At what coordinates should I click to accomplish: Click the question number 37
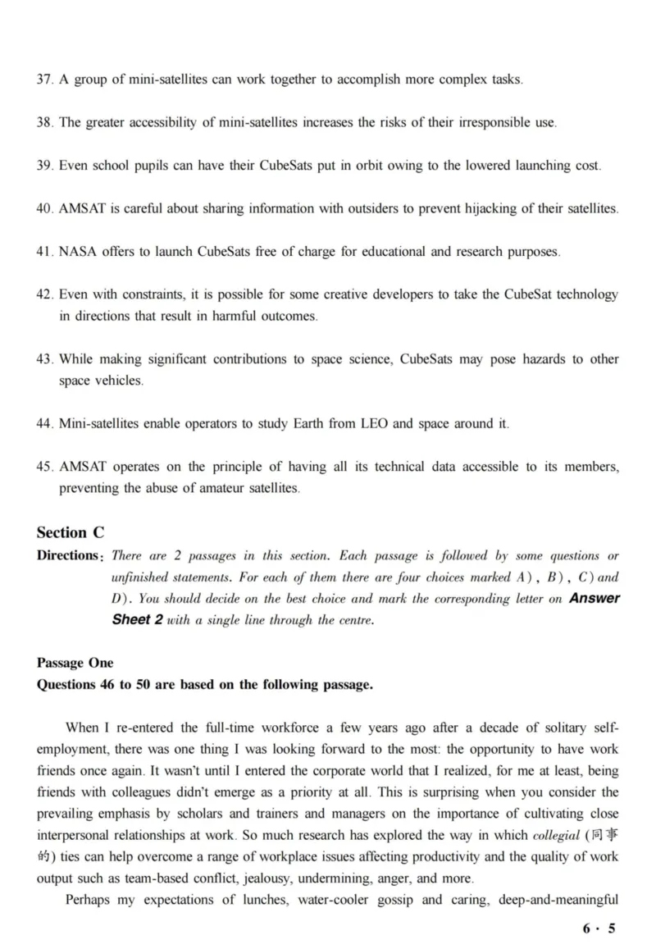(x=45, y=80)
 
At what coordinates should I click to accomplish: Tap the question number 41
(x=45, y=251)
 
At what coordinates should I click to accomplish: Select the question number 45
(x=45, y=467)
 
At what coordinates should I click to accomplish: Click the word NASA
(x=79, y=251)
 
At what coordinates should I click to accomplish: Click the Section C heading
(x=71, y=532)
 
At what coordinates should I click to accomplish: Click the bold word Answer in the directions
(x=594, y=598)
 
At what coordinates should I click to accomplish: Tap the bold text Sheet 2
(x=137, y=619)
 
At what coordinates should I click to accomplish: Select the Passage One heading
(x=75, y=663)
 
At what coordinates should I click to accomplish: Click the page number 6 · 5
(x=598, y=928)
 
